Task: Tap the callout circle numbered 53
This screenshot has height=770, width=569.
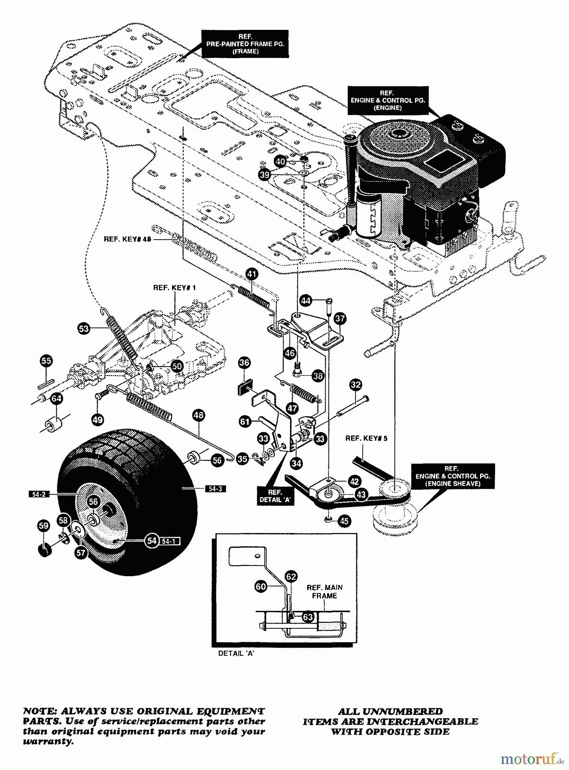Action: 84,329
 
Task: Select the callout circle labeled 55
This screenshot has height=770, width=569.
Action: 46,361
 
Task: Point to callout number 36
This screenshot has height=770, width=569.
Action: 244,363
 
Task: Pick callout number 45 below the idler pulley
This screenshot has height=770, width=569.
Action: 344,521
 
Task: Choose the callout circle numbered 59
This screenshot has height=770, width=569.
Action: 44,525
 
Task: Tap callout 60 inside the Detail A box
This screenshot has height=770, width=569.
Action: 261,586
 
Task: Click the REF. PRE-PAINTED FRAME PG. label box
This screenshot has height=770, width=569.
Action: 245,44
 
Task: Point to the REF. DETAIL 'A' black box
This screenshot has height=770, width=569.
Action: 275,496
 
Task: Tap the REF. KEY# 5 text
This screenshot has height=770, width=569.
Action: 366,438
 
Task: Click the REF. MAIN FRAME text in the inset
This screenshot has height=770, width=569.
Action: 324,592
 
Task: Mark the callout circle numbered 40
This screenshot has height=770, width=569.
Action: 280,162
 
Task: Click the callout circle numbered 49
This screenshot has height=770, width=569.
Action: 98,420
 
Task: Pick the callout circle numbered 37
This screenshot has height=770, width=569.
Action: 340,318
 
